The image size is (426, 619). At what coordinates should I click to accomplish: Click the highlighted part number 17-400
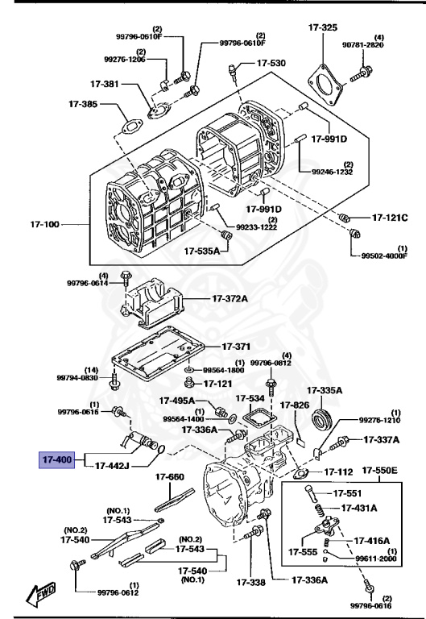pyautogui.click(x=57, y=460)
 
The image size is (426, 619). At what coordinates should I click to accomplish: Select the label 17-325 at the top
pyautogui.click(x=322, y=27)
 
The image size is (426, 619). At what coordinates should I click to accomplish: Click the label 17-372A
pyautogui.click(x=230, y=299)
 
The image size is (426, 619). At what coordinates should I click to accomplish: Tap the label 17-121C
pyautogui.click(x=390, y=218)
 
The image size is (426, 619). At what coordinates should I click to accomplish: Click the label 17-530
pyautogui.click(x=271, y=63)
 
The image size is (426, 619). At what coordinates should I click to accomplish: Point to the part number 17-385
pyautogui.click(x=83, y=104)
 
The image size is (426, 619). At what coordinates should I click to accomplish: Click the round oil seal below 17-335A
pyautogui.click(x=323, y=420)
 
